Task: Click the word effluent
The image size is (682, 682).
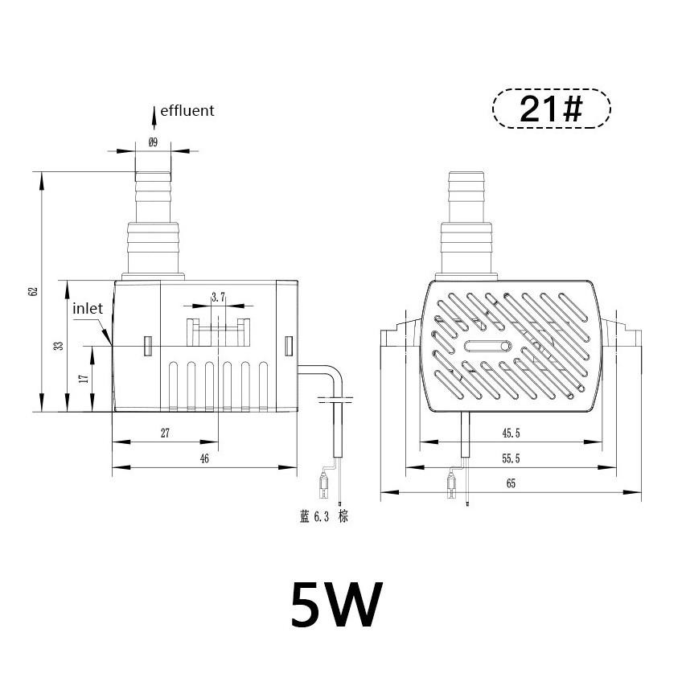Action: click(x=187, y=111)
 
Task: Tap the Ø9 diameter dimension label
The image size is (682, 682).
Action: click(x=153, y=142)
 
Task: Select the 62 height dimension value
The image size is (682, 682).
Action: click(x=33, y=291)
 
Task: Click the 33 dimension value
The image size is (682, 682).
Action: click(x=58, y=346)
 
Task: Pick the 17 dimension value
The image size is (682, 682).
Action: click(x=84, y=378)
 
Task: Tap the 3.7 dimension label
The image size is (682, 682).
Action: click(x=218, y=298)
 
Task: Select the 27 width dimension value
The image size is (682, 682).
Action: click(x=165, y=433)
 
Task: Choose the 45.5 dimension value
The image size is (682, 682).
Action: click(x=511, y=433)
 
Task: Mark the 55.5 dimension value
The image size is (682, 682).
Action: click(x=511, y=458)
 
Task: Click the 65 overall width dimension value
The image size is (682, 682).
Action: click(x=511, y=483)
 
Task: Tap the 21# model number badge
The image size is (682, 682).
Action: click(x=551, y=109)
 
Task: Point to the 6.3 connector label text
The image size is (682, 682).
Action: click(x=323, y=516)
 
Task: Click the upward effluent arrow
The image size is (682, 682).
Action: click(x=154, y=116)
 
